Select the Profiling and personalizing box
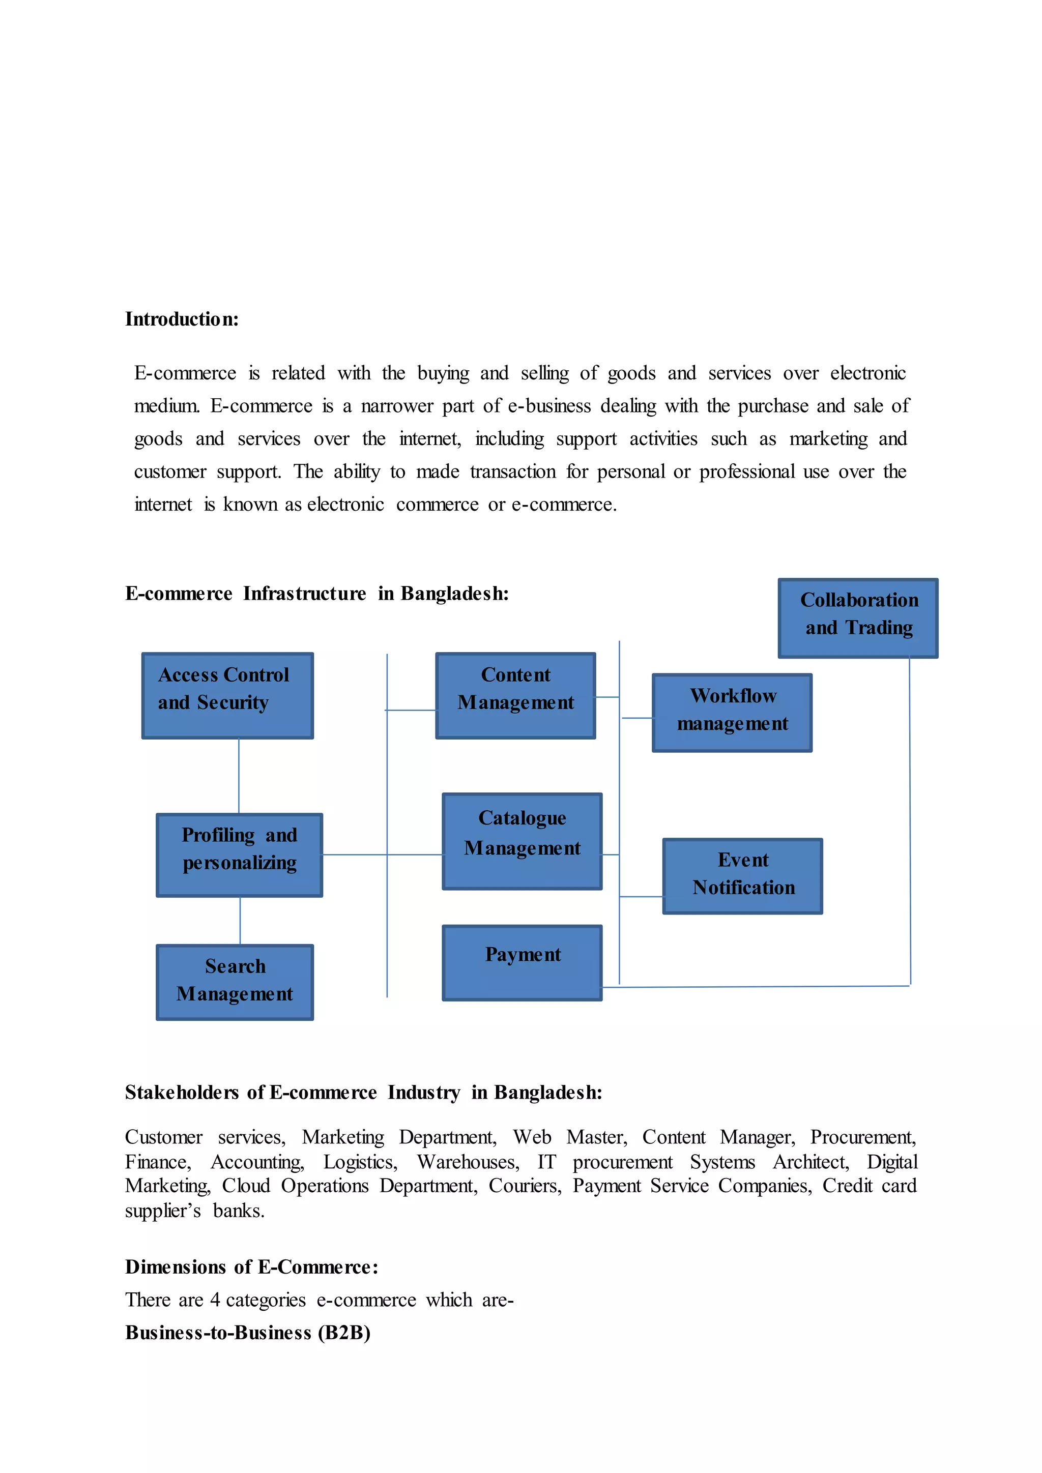(x=239, y=855)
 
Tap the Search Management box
(x=235, y=982)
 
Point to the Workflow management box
(x=732, y=712)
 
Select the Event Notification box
(x=742, y=876)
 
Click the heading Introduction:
(x=182, y=319)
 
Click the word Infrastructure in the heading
(x=304, y=594)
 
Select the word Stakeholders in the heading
(x=182, y=1092)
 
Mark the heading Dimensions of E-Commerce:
(x=251, y=1266)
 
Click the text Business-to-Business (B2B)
(x=248, y=1333)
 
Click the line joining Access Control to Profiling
(x=239, y=776)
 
